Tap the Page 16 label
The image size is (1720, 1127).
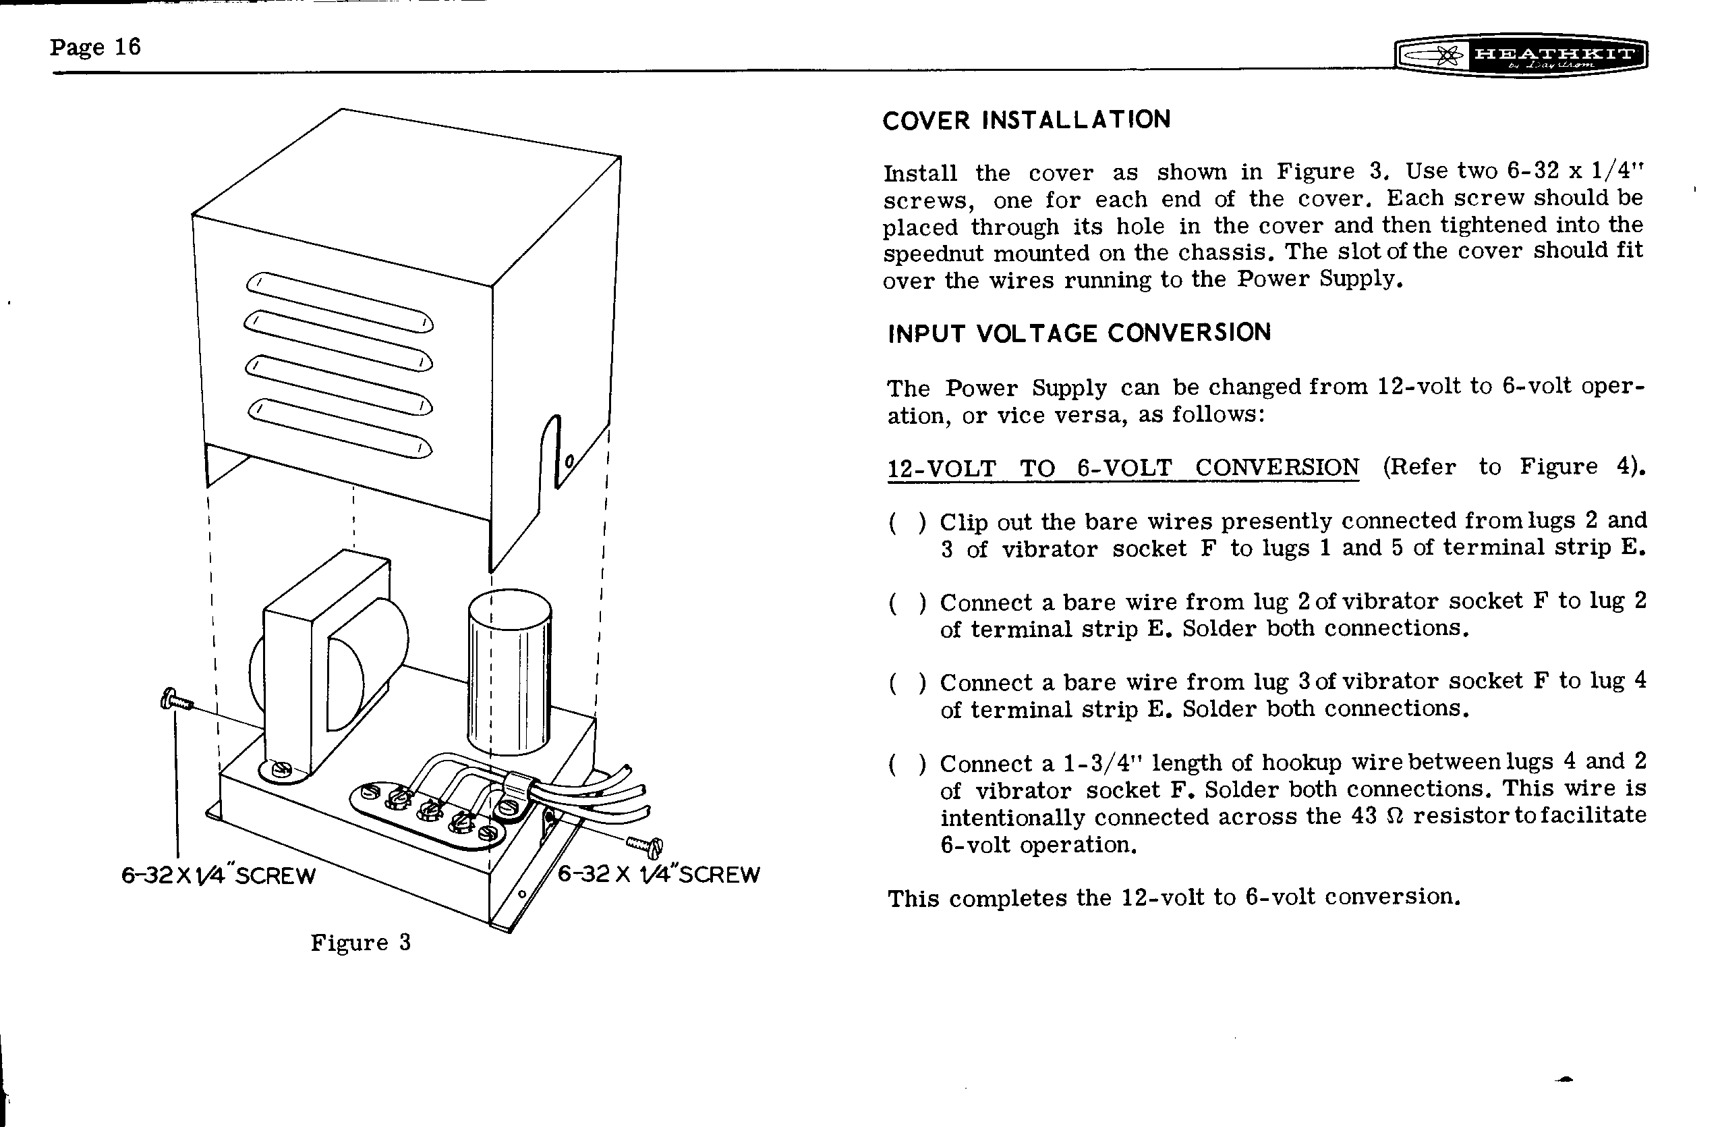point(94,47)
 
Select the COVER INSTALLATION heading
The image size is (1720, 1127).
point(1026,119)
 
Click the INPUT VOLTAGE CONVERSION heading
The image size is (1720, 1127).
point(1079,333)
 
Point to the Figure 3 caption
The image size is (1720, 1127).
point(361,943)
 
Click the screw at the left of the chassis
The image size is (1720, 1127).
point(176,700)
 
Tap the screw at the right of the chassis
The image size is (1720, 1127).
point(645,844)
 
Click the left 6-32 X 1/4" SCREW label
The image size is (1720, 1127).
point(219,875)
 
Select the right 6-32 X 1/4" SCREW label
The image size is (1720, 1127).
point(658,875)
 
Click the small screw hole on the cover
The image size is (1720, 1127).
point(569,460)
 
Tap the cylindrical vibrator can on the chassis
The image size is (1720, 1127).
point(509,672)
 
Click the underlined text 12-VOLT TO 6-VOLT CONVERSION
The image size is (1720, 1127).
point(1122,468)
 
